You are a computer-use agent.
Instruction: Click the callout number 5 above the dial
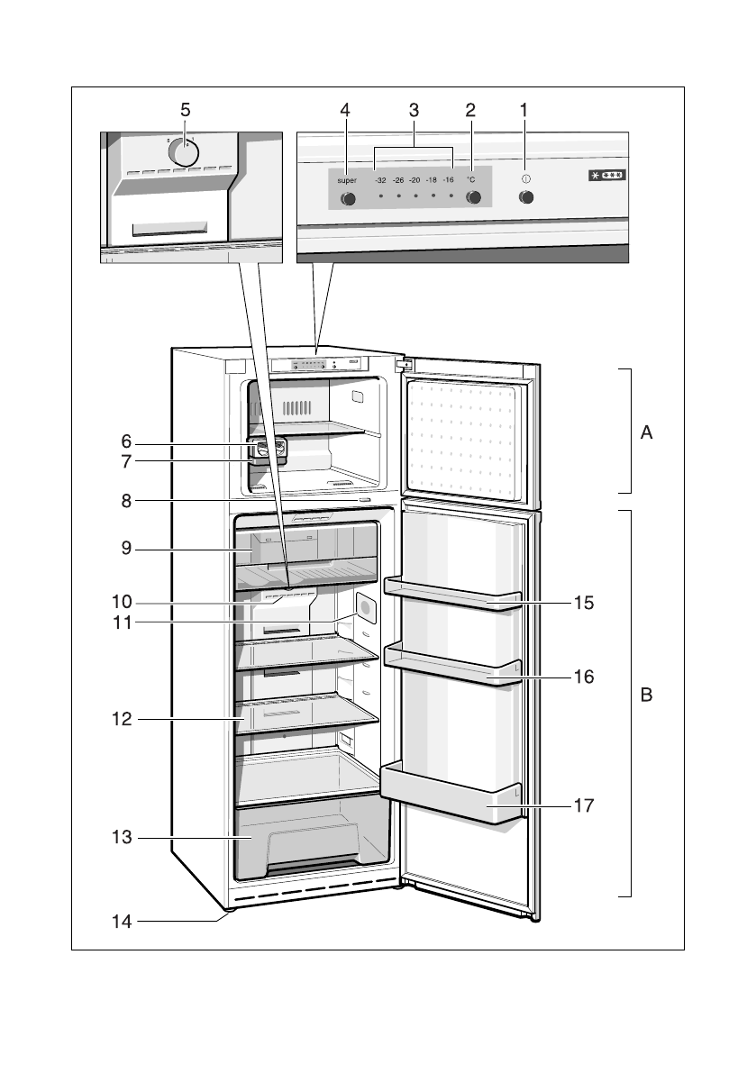186,110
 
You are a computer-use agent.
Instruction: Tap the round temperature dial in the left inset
184,152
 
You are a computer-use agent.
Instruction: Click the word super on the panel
348,180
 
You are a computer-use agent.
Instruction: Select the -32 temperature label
380,180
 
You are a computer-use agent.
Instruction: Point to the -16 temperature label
448,180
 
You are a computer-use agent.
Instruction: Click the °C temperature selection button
472,198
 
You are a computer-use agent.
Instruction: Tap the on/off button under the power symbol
527,198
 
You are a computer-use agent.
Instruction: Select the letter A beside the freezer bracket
645,433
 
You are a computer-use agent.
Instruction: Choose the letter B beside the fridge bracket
645,696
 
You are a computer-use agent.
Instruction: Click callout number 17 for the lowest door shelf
584,806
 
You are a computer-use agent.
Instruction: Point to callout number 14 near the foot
122,922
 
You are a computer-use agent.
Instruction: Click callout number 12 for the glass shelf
122,720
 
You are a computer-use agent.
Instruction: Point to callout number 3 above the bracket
414,110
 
